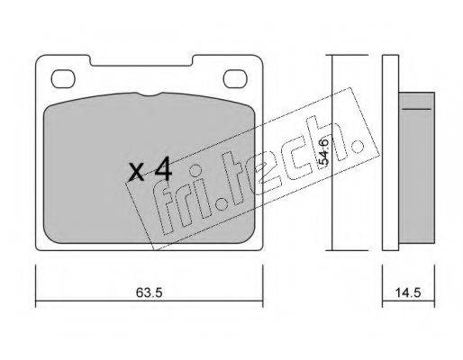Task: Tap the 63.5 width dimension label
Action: point(149,292)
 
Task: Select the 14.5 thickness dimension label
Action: point(408,292)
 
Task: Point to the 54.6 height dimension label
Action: point(324,151)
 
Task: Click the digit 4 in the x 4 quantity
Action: point(164,169)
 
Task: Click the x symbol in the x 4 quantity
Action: point(136,173)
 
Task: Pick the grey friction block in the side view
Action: point(417,167)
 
